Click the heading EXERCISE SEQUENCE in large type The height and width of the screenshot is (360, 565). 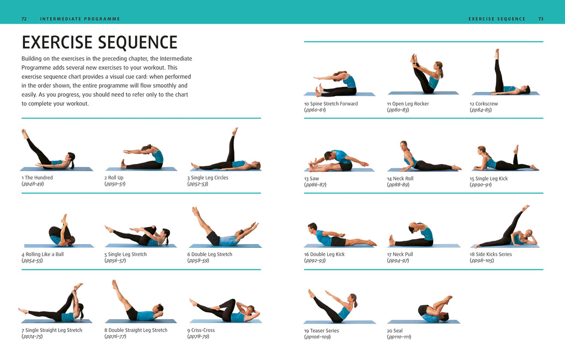tap(99, 43)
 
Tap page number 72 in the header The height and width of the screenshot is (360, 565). tap(24, 19)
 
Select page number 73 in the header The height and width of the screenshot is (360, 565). tap(541, 19)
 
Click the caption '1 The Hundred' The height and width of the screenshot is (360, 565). tap(37, 178)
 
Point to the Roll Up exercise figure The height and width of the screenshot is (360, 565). tap(142, 158)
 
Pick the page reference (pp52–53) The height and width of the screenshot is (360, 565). tap(198, 184)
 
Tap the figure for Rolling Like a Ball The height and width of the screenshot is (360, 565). tap(61, 232)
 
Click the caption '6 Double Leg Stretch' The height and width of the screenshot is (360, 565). tap(210, 255)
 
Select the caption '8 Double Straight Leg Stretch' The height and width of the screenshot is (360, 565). tap(136, 330)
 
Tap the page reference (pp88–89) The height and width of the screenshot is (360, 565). tap(398, 185)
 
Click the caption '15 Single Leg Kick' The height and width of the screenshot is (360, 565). tap(489, 179)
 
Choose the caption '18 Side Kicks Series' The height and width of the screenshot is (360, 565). tap(491, 255)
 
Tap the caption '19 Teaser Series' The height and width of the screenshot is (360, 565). tap(322, 331)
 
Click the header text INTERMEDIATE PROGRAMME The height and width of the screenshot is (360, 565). tap(80, 19)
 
